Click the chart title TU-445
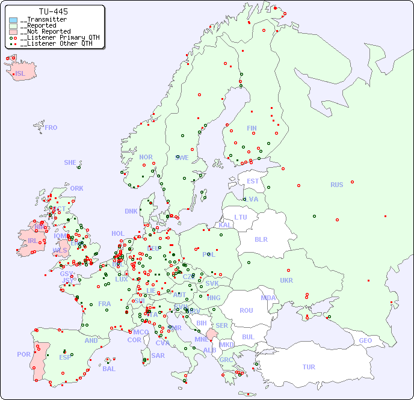[53, 11]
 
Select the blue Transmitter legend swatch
[13, 20]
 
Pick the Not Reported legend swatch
[13, 32]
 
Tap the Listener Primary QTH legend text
[58, 37]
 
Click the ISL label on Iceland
[20, 74]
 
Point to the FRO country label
[51, 128]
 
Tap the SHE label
[70, 162]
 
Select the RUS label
[336, 185]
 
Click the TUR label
[309, 367]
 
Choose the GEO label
[365, 340]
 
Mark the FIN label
[252, 128]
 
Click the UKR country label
[286, 280]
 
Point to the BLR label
[261, 239]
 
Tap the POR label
[23, 354]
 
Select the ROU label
[246, 310]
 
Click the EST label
[253, 181]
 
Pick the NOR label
[146, 157]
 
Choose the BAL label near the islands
[108, 369]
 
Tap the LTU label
[241, 217]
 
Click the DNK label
[131, 211]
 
